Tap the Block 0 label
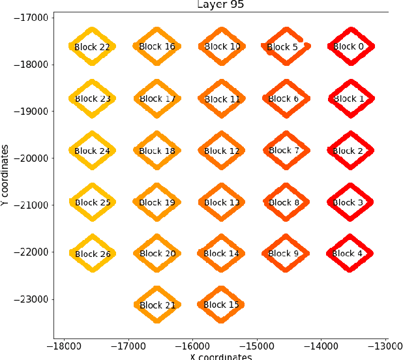click(x=349, y=47)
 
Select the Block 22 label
click(x=93, y=47)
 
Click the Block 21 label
click(x=157, y=305)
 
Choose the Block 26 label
click(x=93, y=254)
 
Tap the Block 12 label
click(x=222, y=151)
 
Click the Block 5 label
click(x=282, y=47)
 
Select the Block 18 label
click(x=157, y=151)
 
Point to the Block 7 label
click(x=284, y=151)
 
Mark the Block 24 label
click(x=93, y=151)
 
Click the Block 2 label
click(x=349, y=151)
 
